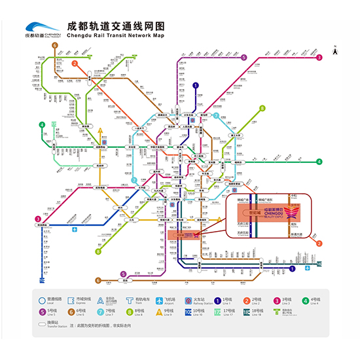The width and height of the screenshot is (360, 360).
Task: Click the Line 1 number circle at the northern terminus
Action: [x=196, y=85]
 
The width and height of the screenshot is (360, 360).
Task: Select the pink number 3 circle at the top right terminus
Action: [x=319, y=58]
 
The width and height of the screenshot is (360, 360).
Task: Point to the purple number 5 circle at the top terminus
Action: [x=243, y=58]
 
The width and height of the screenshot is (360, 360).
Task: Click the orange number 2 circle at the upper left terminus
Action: [x=75, y=63]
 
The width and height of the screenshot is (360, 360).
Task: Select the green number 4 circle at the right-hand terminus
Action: [x=319, y=161]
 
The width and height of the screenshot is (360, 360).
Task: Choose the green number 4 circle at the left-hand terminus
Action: [x=41, y=124]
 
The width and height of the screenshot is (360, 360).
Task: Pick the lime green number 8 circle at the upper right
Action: [x=262, y=109]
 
